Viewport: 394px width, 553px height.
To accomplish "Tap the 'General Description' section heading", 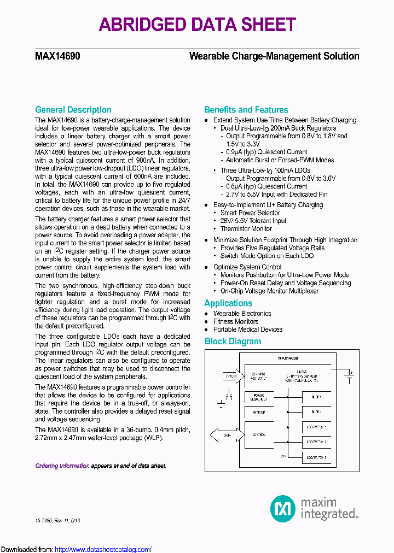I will click(x=73, y=110).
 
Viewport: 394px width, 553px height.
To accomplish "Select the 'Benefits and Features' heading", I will click(x=246, y=110).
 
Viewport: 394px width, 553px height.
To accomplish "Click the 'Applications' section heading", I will click(x=228, y=303).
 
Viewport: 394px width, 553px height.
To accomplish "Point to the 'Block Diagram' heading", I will click(x=233, y=342).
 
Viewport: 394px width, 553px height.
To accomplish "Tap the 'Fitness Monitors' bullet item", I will click(x=235, y=321).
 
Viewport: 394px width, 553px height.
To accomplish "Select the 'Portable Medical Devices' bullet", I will click(x=247, y=330).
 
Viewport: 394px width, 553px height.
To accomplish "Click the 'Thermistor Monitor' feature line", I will click(x=246, y=229).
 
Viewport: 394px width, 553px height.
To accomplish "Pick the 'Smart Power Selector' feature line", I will click(x=250, y=213).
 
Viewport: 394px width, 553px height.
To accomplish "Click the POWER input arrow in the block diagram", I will click(x=230, y=376).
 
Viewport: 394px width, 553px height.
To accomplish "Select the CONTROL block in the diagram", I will click(x=259, y=435).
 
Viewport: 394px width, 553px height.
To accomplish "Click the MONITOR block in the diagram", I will click(x=259, y=412).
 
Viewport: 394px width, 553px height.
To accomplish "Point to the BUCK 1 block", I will click(x=316, y=397).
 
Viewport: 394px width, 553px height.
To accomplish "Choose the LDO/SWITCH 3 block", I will click(x=316, y=457).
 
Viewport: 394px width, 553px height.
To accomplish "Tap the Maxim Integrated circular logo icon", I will click(x=283, y=509).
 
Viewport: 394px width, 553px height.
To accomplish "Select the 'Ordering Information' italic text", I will click(x=62, y=466).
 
